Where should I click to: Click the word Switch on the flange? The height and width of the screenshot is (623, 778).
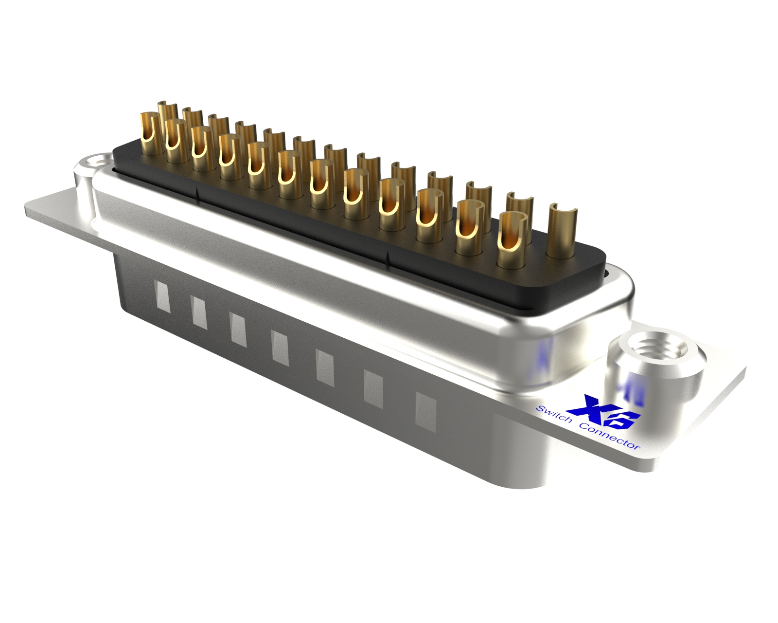[553, 414]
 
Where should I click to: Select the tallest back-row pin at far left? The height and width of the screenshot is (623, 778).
[167, 112]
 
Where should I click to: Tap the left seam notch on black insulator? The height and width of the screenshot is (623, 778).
[196, 195]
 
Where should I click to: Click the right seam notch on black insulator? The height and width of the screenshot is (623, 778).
[388, 259]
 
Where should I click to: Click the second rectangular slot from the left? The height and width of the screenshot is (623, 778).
[199, 311]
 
